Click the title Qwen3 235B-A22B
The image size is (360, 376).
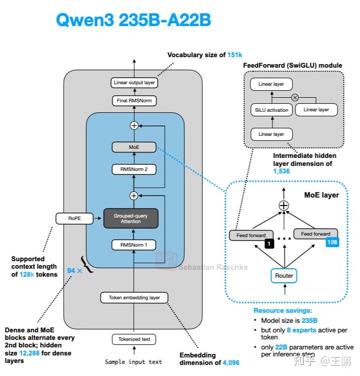click(x=133, y=20)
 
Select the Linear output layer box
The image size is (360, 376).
click(x=134, y=83)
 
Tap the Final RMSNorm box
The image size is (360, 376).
click(x=134, y=101)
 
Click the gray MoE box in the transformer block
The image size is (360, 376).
click(x=134, y=147)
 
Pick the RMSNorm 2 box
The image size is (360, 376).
click(x=134, y=169)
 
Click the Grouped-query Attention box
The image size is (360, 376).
click(x=131, y=218)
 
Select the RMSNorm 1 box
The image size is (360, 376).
click(x=134, y=245)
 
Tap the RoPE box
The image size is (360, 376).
click(x=74, y=218)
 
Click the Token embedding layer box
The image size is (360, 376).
click(x=134, y=297)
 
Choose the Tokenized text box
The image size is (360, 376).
click(x=134, y=339)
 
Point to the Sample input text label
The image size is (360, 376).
click(x=134, y=361)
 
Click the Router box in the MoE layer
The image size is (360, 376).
click(x=284, y=275)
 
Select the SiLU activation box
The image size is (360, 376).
click(x=271, y=110)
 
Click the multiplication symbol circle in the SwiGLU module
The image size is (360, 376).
click(x=295, y=97)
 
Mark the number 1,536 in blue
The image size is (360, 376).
click(x=281, y=171)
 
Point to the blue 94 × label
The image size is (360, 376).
click(x=75, y=271)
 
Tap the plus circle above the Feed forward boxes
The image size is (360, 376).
click(x=284, y=205)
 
